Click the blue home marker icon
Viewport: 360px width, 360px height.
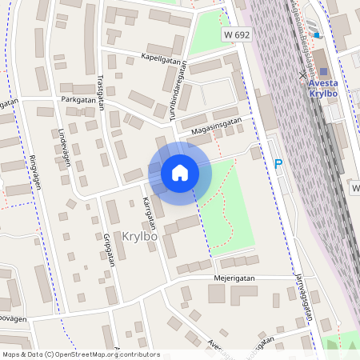point(180,172)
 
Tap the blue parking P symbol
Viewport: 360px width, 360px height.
point(278,164)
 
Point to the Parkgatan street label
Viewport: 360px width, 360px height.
point(78,100)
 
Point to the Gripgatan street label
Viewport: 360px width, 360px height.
point(109,250)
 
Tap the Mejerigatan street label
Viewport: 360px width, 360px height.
point(211,279)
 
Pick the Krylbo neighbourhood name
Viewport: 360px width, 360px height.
point(141,236)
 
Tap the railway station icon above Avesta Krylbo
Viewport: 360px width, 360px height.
point(324,72)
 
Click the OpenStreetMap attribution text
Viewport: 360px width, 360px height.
point(80,354)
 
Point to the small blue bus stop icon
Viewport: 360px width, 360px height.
point(317,34)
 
